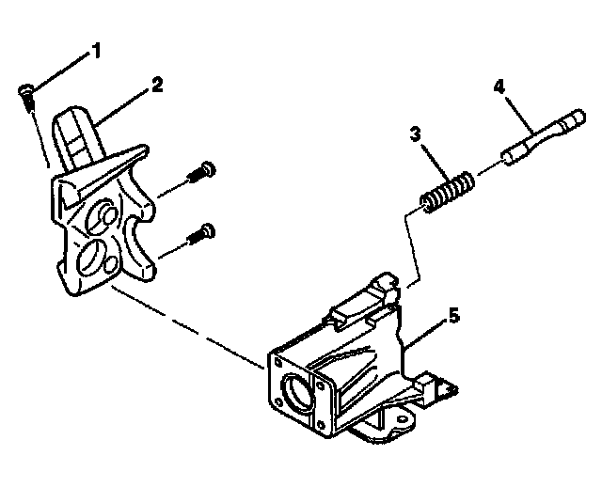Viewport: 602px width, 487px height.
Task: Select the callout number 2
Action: click(156, 85)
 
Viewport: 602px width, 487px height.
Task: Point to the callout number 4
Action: click(499, 87)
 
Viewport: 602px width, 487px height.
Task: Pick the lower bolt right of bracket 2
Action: click(200, 231)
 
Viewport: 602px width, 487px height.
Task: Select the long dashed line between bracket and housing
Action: click(188, 323)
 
